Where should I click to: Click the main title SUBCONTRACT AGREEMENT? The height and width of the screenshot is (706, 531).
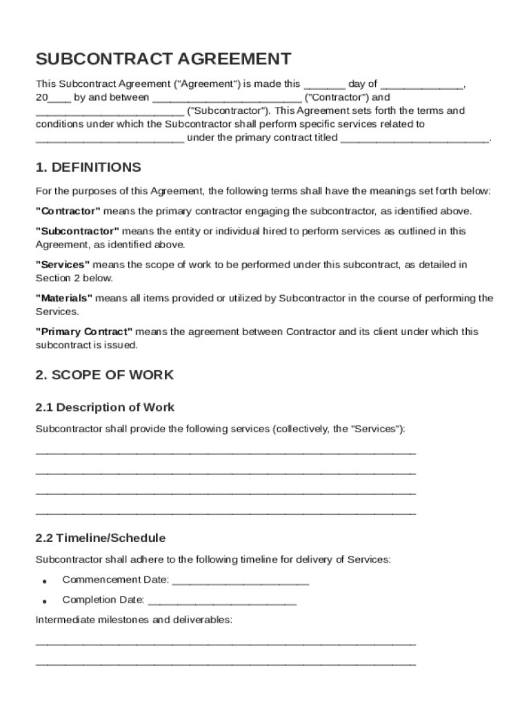coord(163,59)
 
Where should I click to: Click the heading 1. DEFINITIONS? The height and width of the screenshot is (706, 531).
coord(88,168)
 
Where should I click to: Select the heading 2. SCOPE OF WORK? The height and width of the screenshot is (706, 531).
coord(105,375)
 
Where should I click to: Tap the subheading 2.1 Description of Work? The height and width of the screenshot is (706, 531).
coord(105,407)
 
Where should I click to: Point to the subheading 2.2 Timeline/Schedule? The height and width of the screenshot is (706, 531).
coord(101,538)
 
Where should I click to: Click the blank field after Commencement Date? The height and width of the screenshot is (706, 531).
coord(240,581)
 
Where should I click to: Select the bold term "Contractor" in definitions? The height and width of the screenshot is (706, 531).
coord(68,211)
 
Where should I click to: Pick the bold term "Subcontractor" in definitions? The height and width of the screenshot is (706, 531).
coord(77,231)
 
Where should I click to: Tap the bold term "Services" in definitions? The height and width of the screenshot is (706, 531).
coord(63,265)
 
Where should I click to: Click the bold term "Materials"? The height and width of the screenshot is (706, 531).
coord(64,299)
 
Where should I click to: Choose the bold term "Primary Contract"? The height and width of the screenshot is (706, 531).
coord(84,332)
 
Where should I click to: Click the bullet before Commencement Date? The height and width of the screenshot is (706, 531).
coord(45,581)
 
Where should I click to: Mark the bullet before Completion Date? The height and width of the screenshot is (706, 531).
coord(45,601)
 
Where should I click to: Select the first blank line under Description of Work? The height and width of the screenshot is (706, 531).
coord(226,454)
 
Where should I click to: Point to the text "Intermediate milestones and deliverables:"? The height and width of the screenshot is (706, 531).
coord(134,620)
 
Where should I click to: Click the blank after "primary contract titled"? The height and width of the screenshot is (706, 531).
coord(414,139)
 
